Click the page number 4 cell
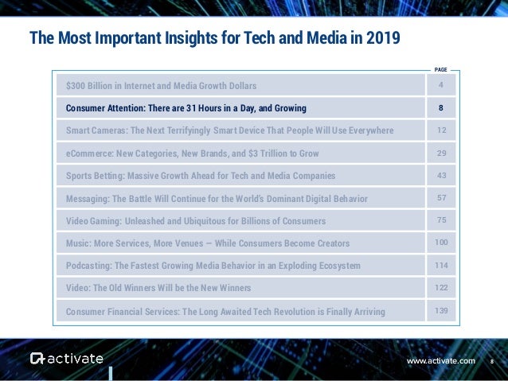[x=440, y=84]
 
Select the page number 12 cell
[x=440, y=130]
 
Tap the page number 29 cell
[x=440, y=152]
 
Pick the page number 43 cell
[x=440, y=174]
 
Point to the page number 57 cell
[x=440, y=196]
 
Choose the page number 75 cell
[x=440, y=220]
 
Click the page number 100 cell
[x=440, y=242]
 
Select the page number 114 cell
[x=440, y=264]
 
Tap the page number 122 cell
[x=440, y=286]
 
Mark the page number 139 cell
[x=440, y=309]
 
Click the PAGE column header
[x=440, y=69]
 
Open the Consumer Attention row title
[x=186, y=107]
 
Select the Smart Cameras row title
[x=229, y=130]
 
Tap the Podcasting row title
[x=213, y=265]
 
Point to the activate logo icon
[x=38, y=359]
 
